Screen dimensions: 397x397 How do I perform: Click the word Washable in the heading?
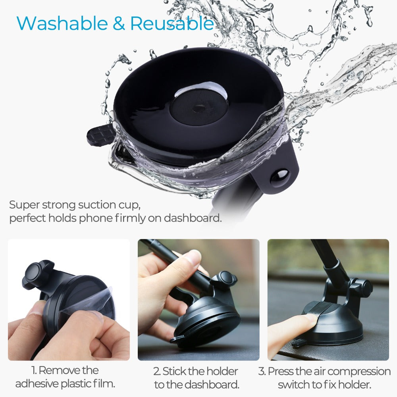(62, 23)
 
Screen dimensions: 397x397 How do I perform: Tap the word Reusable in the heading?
(172, 23)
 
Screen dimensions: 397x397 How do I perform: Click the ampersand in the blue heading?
(119, 23)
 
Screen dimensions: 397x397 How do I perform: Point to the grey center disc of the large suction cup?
(198, 109)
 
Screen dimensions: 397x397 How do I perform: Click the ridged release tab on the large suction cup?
(100, 134)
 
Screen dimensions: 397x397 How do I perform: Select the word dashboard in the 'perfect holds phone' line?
(193, 218)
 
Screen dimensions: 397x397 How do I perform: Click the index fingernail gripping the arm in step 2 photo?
(193, 259)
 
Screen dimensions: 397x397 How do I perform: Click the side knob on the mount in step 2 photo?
(226, 279)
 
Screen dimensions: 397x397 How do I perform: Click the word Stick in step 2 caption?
(174, 372)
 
